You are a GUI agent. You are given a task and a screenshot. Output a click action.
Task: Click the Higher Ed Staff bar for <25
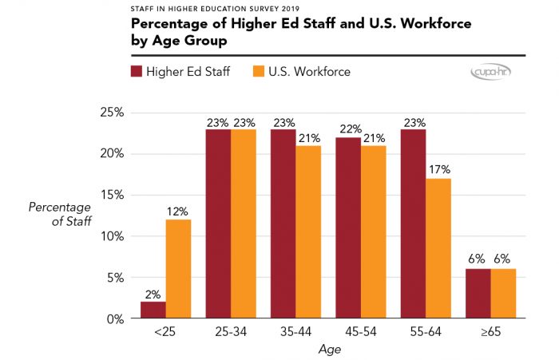click(x=153, y=310)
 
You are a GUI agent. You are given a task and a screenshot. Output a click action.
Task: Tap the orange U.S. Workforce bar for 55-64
click(x=438, y=248)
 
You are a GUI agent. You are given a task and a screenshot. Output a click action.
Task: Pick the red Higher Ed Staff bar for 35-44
click(x=283, y=224)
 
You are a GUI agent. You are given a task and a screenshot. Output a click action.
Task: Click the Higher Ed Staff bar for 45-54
click(x=348, y=227)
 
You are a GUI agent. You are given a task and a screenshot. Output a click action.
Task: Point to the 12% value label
click(x=178, y=212)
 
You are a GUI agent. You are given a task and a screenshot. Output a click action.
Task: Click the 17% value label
click(x=438, y=170)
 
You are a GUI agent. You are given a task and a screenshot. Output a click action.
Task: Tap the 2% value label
click(x=153, y=294)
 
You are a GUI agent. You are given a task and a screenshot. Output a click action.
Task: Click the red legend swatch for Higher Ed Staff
click(x=137, y=72)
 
